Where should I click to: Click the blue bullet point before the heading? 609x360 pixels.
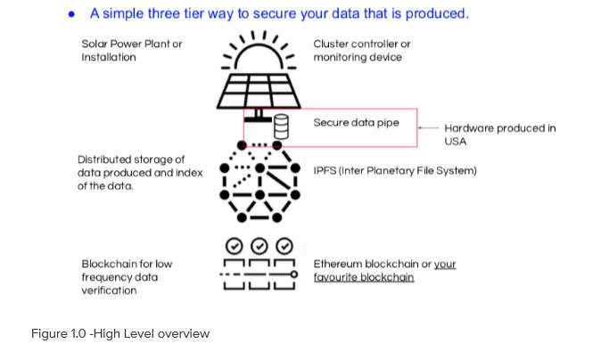[x=71, y=15]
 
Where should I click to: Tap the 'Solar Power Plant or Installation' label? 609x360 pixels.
[x=132, y=51]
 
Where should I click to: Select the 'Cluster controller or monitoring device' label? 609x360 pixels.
[x=362, y=51]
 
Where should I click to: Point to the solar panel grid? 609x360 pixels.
[x=259, y=91]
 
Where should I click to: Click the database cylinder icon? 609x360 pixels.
[x=281, y=127]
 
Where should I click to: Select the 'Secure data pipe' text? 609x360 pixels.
[x=356, y=123]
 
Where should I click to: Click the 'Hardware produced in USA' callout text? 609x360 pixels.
[x=500, y=135]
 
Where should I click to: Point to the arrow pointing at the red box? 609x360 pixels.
[x=428, y=127]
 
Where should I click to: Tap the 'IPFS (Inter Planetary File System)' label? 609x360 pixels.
[x=395, y=171]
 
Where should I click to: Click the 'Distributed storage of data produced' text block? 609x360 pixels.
[x=140, y=173]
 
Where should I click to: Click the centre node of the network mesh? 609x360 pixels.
[x=259, y=168]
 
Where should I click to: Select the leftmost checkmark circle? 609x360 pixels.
[x=235, y=246]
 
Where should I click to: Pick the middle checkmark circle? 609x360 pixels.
[x=259, y=246]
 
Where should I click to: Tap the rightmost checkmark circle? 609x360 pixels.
[x=284, y=246]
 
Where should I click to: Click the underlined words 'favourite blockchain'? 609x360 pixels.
[x=364, y=277]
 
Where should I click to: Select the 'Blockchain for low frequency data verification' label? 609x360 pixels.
[x=127, y=277]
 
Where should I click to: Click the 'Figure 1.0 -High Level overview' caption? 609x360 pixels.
[x=120, y=333]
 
